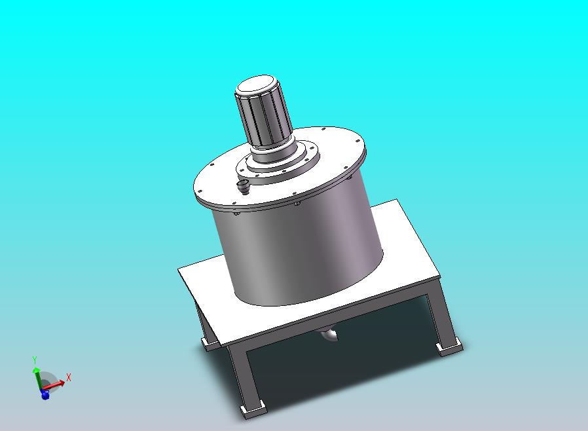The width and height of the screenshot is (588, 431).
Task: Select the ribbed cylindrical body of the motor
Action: pyautogui.click(x=265, y=117)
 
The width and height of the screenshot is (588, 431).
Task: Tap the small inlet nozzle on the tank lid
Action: pyautogui.click(x=244, y=186)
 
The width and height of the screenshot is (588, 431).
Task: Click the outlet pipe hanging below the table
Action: pyautogui.click(x=329, y=335)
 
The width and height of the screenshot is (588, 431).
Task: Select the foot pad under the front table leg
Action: pyautogui.click(x=253, y=409)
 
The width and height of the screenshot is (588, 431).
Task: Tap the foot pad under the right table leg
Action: pyautogui.click(x=449, y=347)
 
